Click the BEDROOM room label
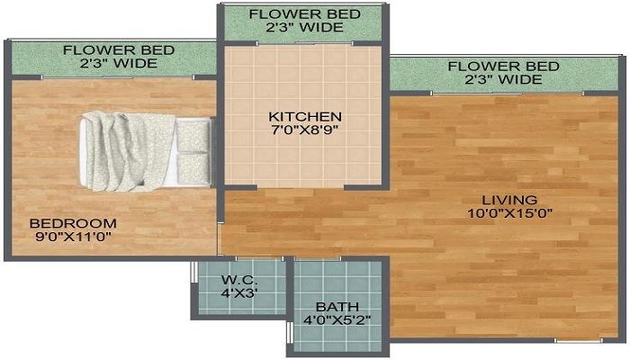pyautogui.click(x=74, y=223)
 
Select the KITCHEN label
pyautogui.click(x=306, y=116)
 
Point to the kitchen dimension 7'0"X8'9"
pyautogui.click(x=306, y=130)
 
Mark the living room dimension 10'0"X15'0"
pyautogui.click(x=508, y=213)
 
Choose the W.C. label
pyautogui.click(x=239, y=280)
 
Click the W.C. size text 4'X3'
pyautogui.click(x=239, y=293)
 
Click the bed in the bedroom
pyautogui.click(x=144, y=151)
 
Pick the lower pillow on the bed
pyautogui.click(x=193, y=167)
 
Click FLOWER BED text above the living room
pyautogui.click(x=503, y=66)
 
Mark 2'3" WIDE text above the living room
pyautogui.click(x=503, y=80)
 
